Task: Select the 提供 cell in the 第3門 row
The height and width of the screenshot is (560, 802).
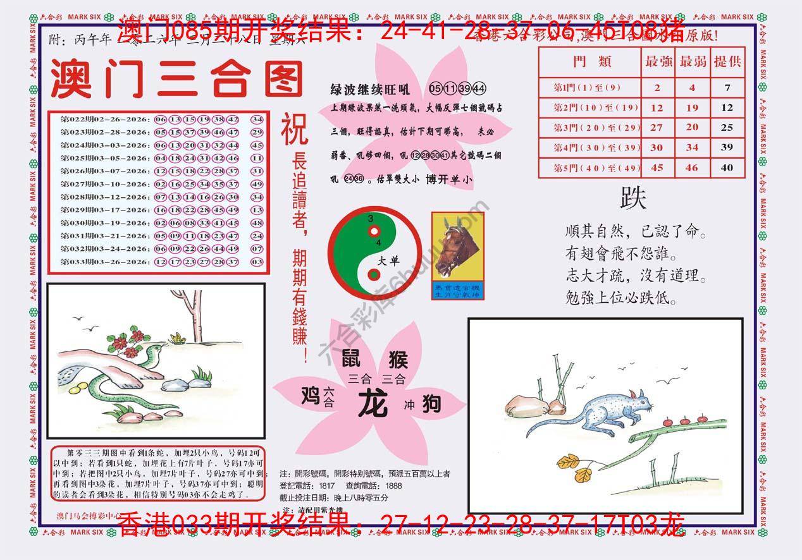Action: (727, 128)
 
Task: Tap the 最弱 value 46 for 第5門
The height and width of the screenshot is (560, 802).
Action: (692, 168)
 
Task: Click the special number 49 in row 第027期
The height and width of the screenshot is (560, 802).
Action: (257, 184)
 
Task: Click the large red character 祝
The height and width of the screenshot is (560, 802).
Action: (295, 129)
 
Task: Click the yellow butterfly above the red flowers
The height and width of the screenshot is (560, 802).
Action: (178, 339)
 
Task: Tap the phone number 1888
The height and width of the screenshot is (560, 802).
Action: (393, 485)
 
